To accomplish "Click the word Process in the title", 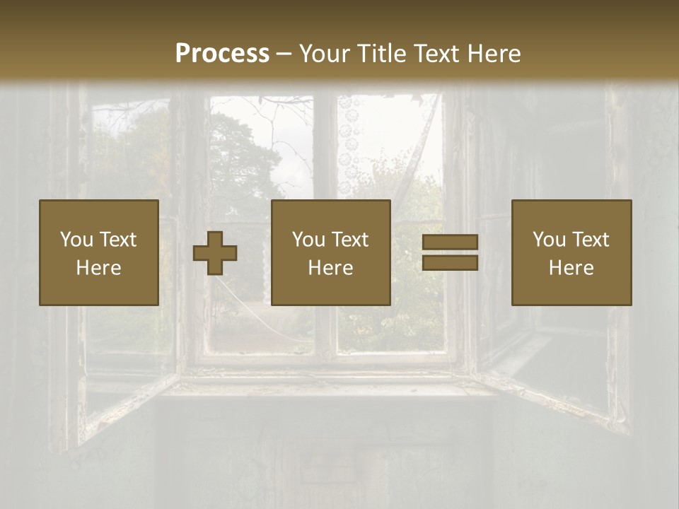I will (222, 53).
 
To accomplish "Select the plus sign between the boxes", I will (215, 253).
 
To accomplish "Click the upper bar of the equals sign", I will (450, 243).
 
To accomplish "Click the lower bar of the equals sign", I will (450, 263).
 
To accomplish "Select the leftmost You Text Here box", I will (99, 253).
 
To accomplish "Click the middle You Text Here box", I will (331, 253).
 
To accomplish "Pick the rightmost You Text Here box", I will (571, 253).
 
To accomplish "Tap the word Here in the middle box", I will (331, 268).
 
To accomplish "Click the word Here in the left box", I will (99, 268).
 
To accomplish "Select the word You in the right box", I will (549, 240).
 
